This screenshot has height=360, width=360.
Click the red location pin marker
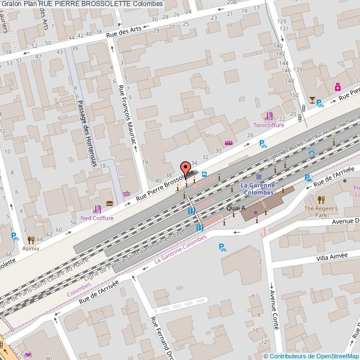point(186,167)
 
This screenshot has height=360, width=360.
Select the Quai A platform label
point(236,208)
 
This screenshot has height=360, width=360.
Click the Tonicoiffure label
point(269,125)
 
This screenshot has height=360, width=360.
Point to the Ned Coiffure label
point(97,218)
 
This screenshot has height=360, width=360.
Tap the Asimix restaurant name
point(30,248)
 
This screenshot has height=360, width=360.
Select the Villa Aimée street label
point(332,256)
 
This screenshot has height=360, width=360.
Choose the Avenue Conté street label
point(272,312)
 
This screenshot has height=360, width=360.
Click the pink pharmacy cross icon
point(337,87)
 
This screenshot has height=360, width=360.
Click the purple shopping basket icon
point(127,194)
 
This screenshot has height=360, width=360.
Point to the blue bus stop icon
point(204,174)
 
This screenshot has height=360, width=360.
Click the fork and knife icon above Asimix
point(30,239)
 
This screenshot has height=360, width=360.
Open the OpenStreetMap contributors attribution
point(311,356)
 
